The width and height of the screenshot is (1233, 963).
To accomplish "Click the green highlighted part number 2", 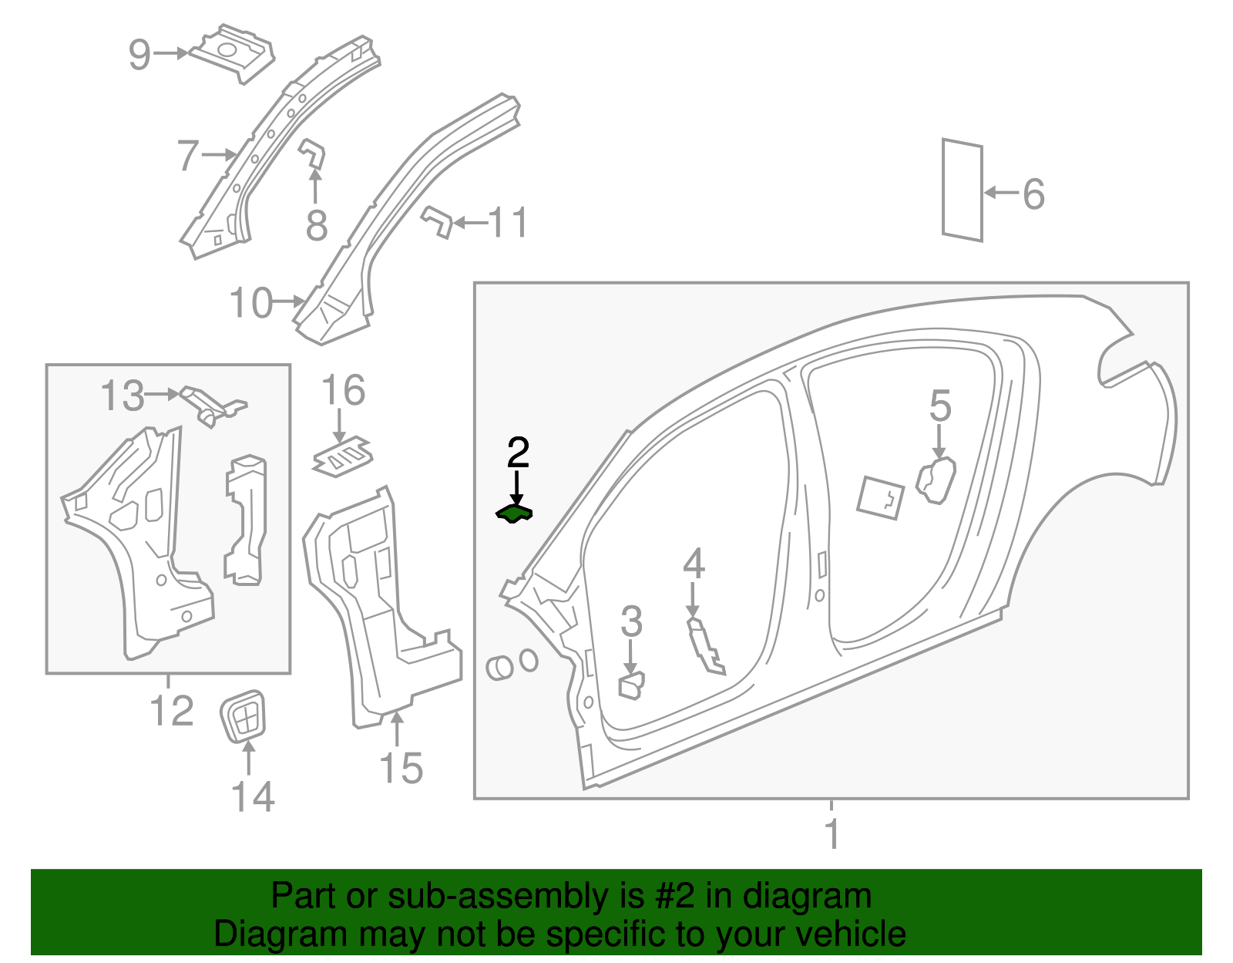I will tap(514, 514).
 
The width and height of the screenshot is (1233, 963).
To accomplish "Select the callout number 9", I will tap(139, 54).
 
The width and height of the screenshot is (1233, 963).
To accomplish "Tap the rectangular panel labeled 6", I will tap(963, 190).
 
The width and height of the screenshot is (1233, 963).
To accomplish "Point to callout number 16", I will tap(343, 391).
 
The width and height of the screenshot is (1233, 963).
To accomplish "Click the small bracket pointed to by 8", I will tap(312, 153).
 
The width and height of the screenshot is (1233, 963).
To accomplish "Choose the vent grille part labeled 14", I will tap(244, 716).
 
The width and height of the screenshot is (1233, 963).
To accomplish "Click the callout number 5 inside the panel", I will tap(940, 406).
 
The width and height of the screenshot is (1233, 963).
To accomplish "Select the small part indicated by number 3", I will tap(631, 685).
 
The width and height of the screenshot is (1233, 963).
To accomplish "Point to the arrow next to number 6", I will tap(1001, 193).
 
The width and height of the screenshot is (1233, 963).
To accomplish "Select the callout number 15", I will tap(401, 768).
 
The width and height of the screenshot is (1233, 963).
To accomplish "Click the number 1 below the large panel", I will tap(832, 833).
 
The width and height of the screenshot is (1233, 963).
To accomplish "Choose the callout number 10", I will tap(251, 303).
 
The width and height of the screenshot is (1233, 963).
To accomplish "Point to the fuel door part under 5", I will tap(936, 480).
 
